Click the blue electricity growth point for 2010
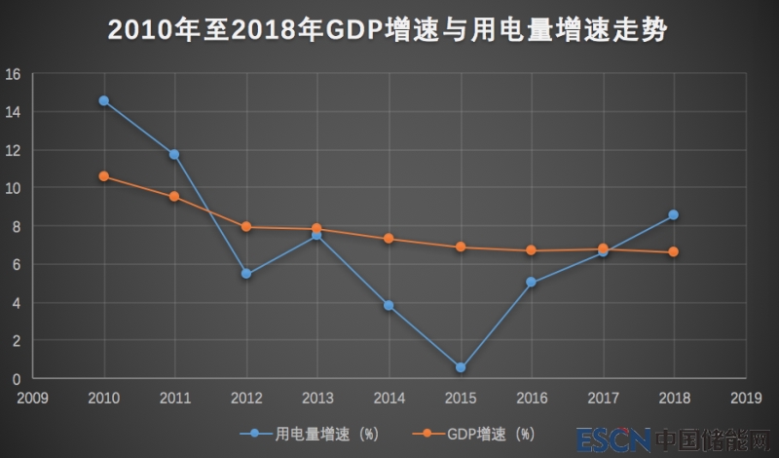click(x=104, y=100)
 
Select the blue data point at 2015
click(x=461, y=367)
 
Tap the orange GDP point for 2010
click(x=104, y=176)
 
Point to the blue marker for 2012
click(x=246, y=274)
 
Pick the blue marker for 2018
click(x=674, y=214)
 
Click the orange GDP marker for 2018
click(x=674, y=252)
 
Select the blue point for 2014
click(x=389, y=305)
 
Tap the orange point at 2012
click(x=246, y=227)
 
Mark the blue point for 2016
click(x=532, y=283)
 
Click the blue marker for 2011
click(x=175, y=154)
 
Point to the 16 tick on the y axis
click(x=14, y=74)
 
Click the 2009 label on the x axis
click(x=33, y=398)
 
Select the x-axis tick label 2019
click(x=745, y=398)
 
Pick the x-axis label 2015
click(x=461, y=398)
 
